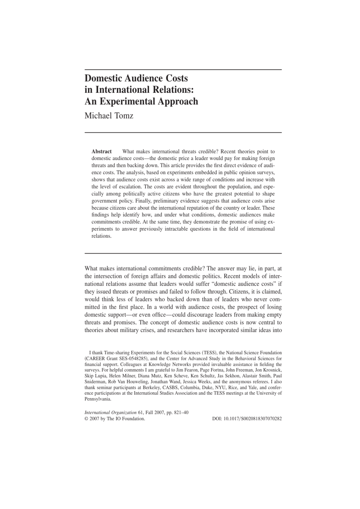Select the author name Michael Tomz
point(109,116)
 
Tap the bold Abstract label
point(102,151)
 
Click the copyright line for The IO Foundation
point(115,418)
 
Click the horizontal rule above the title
point(183,70)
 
